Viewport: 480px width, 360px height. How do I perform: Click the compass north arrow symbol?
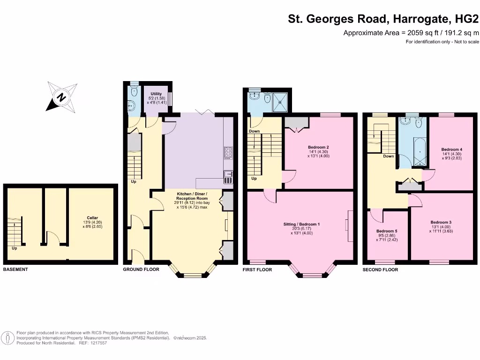(x=61, y=97)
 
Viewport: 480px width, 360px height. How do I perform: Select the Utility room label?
(x=156, y=94)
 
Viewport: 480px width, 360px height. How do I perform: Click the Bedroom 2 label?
(x=318, y=147)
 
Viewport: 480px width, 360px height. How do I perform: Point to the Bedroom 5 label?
(x=387, y=231)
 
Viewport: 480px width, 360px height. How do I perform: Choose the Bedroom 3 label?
(x=441, y=222)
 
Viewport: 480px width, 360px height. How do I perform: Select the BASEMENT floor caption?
(x=16, y=270)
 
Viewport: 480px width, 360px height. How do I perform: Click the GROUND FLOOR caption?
(x=141, y=270)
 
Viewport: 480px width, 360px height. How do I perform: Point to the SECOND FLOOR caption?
(x=380, y=270)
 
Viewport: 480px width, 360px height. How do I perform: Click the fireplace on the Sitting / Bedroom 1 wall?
(x=349, y=225)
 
